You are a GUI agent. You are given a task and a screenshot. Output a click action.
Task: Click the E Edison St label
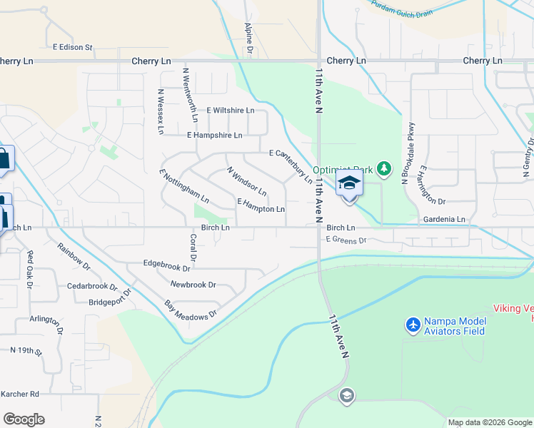(73, 48)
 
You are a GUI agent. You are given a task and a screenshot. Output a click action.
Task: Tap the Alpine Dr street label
(249, 38)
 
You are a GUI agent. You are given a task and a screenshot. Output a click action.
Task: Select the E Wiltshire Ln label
(230, 111)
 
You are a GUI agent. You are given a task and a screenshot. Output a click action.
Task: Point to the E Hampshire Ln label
(214, 135)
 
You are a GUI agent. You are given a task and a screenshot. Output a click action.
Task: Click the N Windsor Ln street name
(246, 182)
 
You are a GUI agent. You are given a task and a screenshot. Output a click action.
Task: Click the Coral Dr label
(193, 248)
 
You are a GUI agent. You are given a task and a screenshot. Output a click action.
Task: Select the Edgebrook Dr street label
(166, 269)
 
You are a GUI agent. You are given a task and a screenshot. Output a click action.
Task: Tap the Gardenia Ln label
(443, 219)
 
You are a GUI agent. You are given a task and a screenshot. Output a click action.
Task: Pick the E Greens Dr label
(346, 240)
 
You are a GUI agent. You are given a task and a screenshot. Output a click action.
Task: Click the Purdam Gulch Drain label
(402, 8)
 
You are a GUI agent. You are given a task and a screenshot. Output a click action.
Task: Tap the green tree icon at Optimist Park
(385, 168)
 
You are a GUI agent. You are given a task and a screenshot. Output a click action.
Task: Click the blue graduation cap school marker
(349, 184)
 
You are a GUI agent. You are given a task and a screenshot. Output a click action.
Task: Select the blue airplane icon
(413, 325)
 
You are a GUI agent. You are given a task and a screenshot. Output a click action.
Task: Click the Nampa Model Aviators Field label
(454, 326)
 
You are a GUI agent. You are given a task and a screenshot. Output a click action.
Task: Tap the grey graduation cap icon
(347, 395)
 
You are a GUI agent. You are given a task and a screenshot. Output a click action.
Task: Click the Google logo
(24, 419)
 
